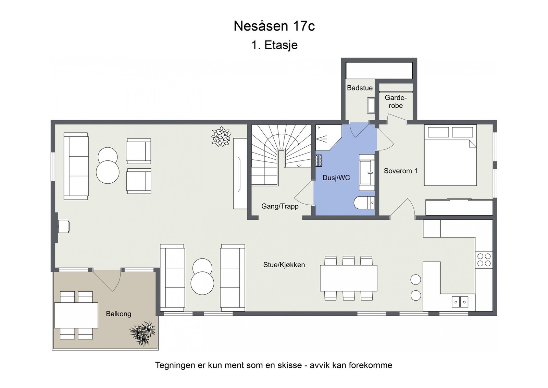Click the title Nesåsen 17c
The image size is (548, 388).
274,26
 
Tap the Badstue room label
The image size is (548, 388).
360,88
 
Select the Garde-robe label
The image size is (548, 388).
396,102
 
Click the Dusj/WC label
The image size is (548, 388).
336,178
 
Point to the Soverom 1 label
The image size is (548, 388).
400,171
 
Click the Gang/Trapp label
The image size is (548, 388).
280,206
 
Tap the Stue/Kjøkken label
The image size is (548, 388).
284,265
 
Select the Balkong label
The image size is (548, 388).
119,314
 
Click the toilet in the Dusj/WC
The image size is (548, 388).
364,203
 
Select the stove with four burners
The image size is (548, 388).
484,259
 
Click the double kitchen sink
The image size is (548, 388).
460,302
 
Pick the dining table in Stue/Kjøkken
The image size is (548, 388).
348,278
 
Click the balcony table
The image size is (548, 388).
76,315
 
